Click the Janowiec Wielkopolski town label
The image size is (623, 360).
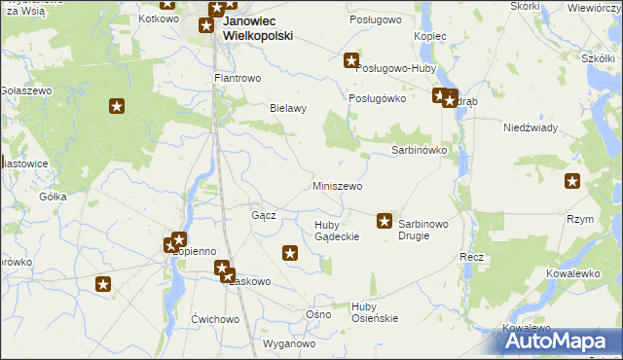(257, 27)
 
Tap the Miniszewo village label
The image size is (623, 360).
(338, 186)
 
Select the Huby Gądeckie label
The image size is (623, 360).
(337, 231)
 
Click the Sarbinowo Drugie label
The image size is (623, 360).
(423, 230)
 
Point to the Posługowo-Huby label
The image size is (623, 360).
(396, 69)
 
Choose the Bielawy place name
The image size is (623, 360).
(288, 108)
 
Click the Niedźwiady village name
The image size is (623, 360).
(530, 127)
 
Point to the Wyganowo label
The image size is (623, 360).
(290, 343)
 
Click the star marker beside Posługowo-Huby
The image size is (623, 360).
(351, 61)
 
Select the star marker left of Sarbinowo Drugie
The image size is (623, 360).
(385, 222)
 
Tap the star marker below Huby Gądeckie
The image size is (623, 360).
(290, 254)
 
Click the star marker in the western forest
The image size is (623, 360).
(118, 106)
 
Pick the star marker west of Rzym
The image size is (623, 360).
(572, 180)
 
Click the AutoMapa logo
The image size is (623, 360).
(557, 342)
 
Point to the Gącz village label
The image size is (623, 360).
(264, 215)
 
